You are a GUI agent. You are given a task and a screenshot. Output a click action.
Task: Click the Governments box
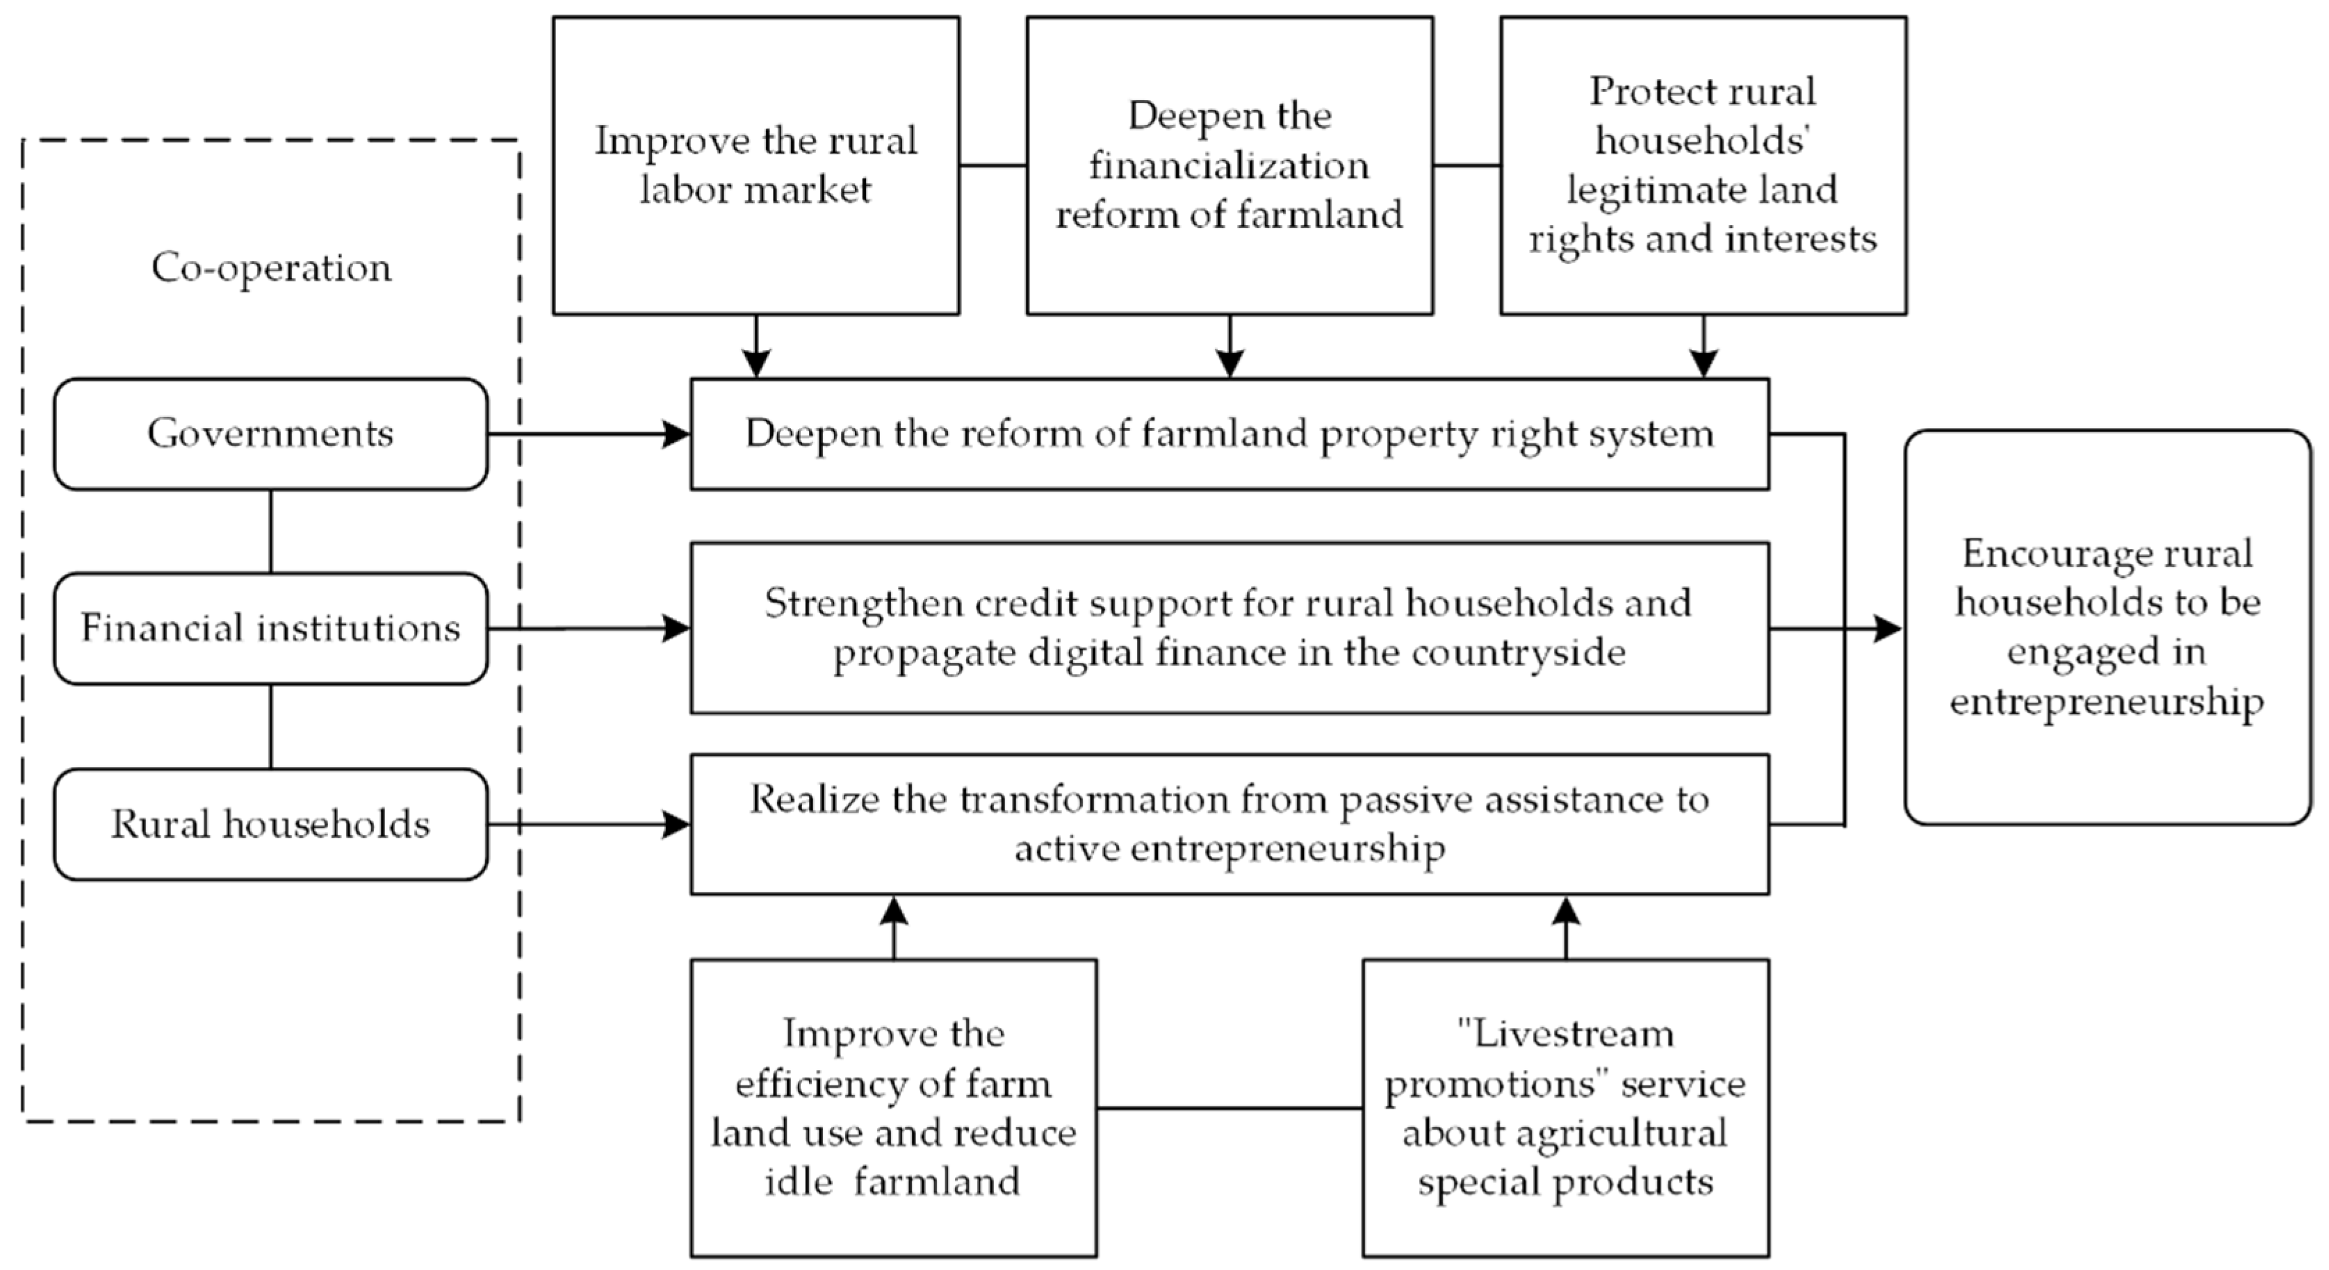pyautogui.click(x=270, y=434)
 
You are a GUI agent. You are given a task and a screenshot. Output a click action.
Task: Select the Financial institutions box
pyautogui.click(x=270, y=628)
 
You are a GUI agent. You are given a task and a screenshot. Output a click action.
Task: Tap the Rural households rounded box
pyautogui.click(x=270, y=823)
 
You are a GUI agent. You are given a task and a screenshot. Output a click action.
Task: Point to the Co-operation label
pyautogui.click(x=271, y=267)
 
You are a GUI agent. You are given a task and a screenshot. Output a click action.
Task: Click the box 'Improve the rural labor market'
pyautogui.click(x=756, y=165)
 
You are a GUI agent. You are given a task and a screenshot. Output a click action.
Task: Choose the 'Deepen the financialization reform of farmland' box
pyautogui.click(x=1229, y=165)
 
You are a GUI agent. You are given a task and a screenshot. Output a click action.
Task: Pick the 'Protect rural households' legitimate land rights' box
pyautogui.click(x=1703, y=165)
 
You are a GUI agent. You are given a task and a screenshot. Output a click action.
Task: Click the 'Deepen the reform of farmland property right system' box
pyautogui.click(x=1229, y=434)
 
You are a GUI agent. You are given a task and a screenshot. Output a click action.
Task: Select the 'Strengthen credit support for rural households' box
pyautogui.click(x=1229, y=628)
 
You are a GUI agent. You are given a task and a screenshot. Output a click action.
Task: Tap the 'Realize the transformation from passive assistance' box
pyautogui.click(x=1229, y=823)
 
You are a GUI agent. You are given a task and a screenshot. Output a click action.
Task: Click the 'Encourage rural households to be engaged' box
pyautogui.click(x=2107, y=627)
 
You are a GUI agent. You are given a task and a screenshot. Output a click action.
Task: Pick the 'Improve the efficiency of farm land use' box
pyautogui.click(x=893, y=1107)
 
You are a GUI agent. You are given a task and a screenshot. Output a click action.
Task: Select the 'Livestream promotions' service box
pyautogui.click(x=1565, y=1107)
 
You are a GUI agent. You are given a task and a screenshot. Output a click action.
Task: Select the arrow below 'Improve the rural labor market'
pyautogui.click(x=756, y=347)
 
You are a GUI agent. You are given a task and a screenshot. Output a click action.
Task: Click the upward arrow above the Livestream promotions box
pyautogui.click(x=1566, y=927)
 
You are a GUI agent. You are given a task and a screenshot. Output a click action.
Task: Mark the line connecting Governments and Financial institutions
pyautogui.click(x=270, y=531)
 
